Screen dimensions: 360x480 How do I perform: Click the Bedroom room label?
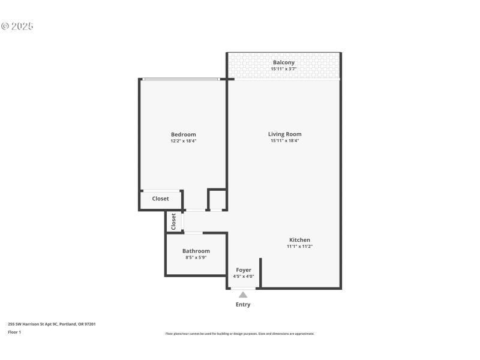click(x=183, y=134)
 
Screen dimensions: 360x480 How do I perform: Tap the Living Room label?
click(x=284, y=134)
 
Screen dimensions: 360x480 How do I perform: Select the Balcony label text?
click(x=284, y=62)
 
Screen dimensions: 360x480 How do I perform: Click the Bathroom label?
click(x=196, y=251)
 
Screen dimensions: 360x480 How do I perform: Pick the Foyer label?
click(x=244, y=270)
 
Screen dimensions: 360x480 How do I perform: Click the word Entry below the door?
click(x=243, y=304)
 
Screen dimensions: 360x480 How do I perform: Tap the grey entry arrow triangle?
click(x=243, y=295)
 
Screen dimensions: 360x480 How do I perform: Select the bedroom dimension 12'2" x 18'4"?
click(x=183, y=141)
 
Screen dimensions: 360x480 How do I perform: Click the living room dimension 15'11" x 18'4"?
click(x=284, y=141)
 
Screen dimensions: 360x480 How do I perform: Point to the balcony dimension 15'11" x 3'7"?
click(x=284, y=69)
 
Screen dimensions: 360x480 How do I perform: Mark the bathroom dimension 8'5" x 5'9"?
click(x=196, y=257)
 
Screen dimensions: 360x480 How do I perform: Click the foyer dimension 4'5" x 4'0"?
click(x=244, y=277)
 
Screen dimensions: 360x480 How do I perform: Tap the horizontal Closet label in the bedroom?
click(x=160, y=199)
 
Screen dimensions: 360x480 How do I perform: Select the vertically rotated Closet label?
click(x=173, y=221)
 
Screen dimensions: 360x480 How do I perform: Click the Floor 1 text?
click(x=14, y=332)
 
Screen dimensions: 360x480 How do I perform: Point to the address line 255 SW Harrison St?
click(x=52, y=324)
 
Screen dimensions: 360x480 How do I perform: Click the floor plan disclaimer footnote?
click(x=239, y=334)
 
